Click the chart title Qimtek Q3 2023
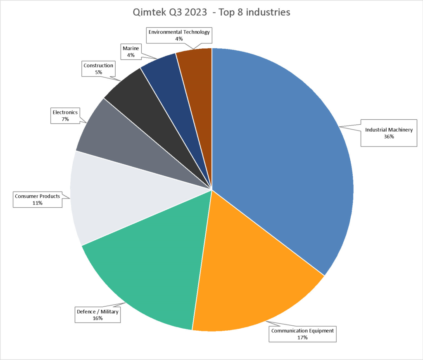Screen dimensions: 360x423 (211, 12)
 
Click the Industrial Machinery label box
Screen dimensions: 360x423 (388, 133)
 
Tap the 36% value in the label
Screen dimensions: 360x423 (388, 137)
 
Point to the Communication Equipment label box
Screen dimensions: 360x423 (302, 334)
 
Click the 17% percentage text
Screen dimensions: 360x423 (302, 338)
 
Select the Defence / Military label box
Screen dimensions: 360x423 (97, 315)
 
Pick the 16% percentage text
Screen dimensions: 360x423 (97, 318)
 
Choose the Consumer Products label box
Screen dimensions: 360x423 (38, 199)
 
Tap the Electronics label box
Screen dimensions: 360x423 (65, 116)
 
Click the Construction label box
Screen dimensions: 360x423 (98, 69)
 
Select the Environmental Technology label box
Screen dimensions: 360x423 (179, 36)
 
